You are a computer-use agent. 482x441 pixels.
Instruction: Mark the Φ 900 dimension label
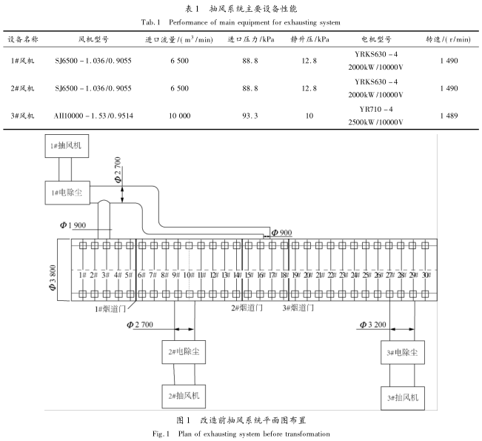(281, 233)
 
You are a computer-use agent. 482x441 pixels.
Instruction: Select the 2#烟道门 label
(246, 306)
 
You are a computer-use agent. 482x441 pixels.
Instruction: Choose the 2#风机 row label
(24, 87)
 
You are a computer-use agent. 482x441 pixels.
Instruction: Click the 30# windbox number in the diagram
(426, 275)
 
